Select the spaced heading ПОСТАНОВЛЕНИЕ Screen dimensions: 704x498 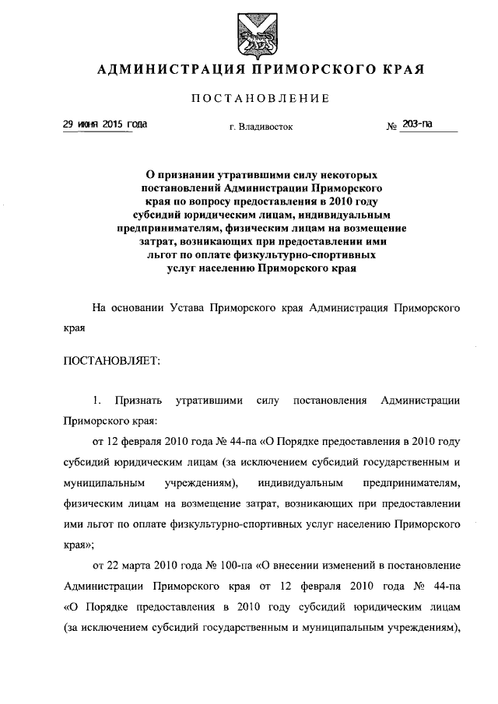(x=249, y=99)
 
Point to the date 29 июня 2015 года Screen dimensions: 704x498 (x=104, y=125)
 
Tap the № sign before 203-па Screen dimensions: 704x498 (x=392, y=127)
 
